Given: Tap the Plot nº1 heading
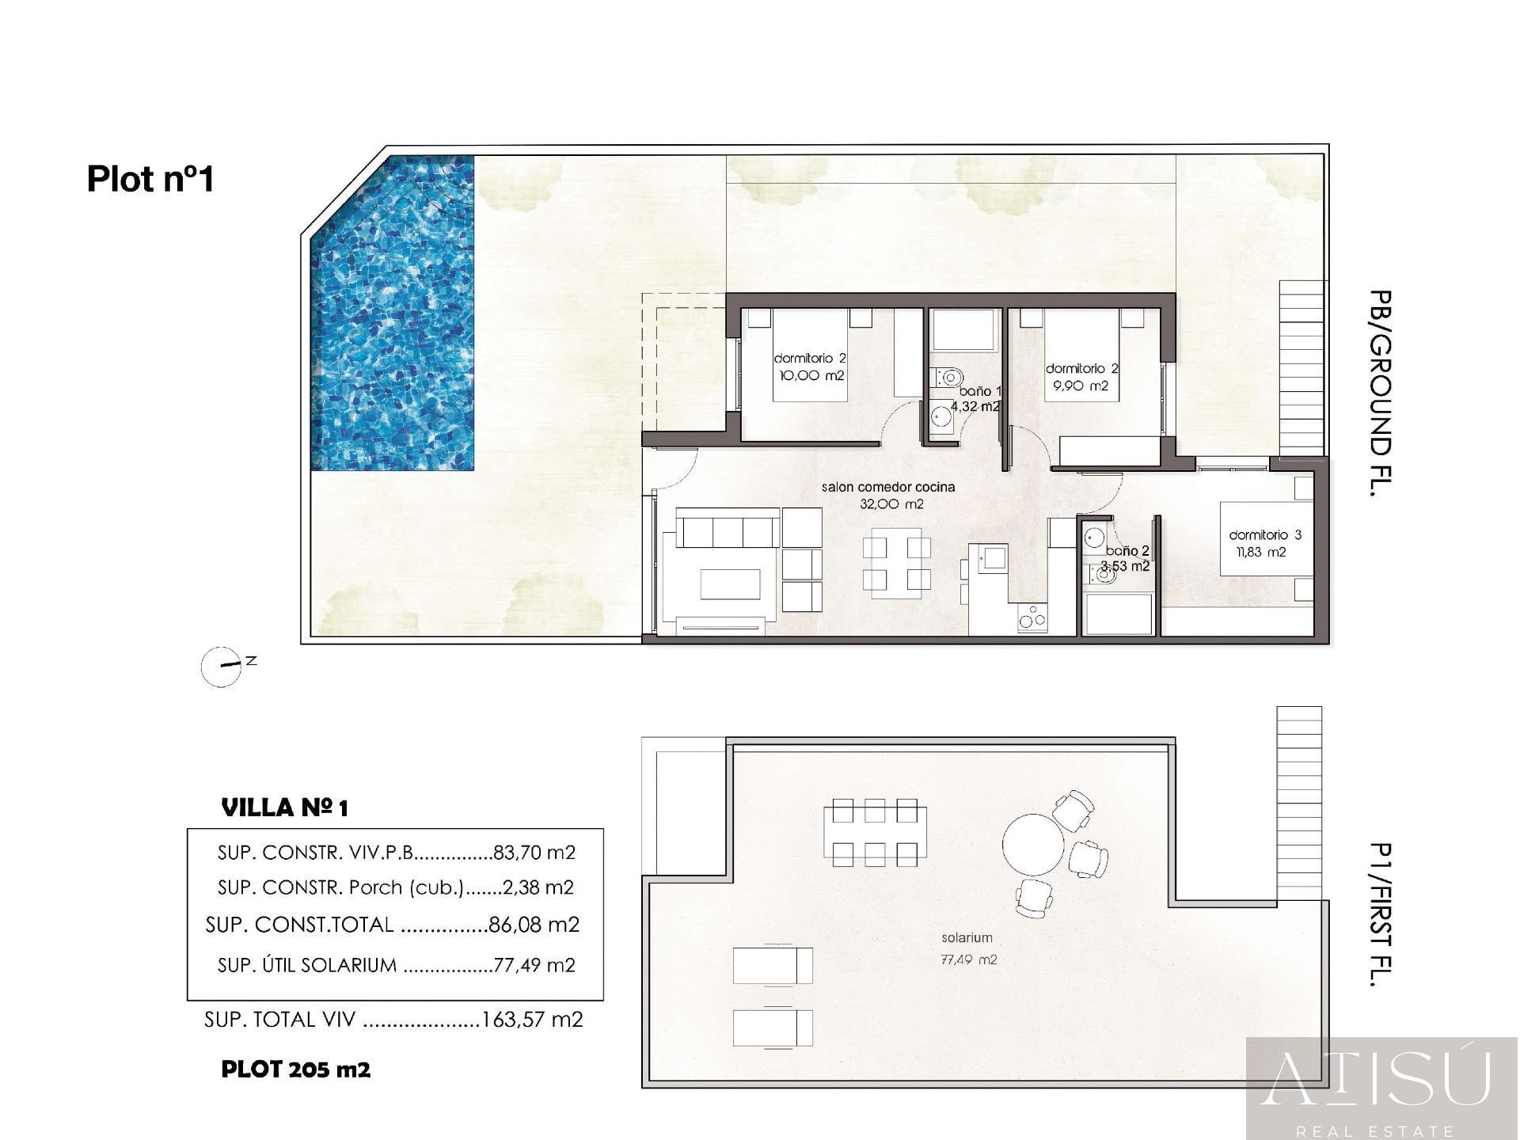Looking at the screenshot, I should (150, 179).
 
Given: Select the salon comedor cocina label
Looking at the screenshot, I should (888, 488).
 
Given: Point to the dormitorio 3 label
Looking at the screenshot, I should (1265, 535).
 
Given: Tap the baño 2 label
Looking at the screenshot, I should (1127, 551).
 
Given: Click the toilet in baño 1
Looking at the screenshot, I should (948, 377).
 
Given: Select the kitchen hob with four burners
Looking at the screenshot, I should (1032, 618).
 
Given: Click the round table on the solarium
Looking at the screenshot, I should (1033, 844).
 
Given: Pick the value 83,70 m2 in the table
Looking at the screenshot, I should (534, 853).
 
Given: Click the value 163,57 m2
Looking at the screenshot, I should (532, 1020).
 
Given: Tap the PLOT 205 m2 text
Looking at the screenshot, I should (296, 1070).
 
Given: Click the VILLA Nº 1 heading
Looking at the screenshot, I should (285, 808).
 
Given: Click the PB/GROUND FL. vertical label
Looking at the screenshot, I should (1380, 393).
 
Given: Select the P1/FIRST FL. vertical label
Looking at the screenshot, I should (1380, 914).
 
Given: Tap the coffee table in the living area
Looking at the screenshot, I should (730, 585).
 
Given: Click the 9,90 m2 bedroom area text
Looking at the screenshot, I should (1081, 386).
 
